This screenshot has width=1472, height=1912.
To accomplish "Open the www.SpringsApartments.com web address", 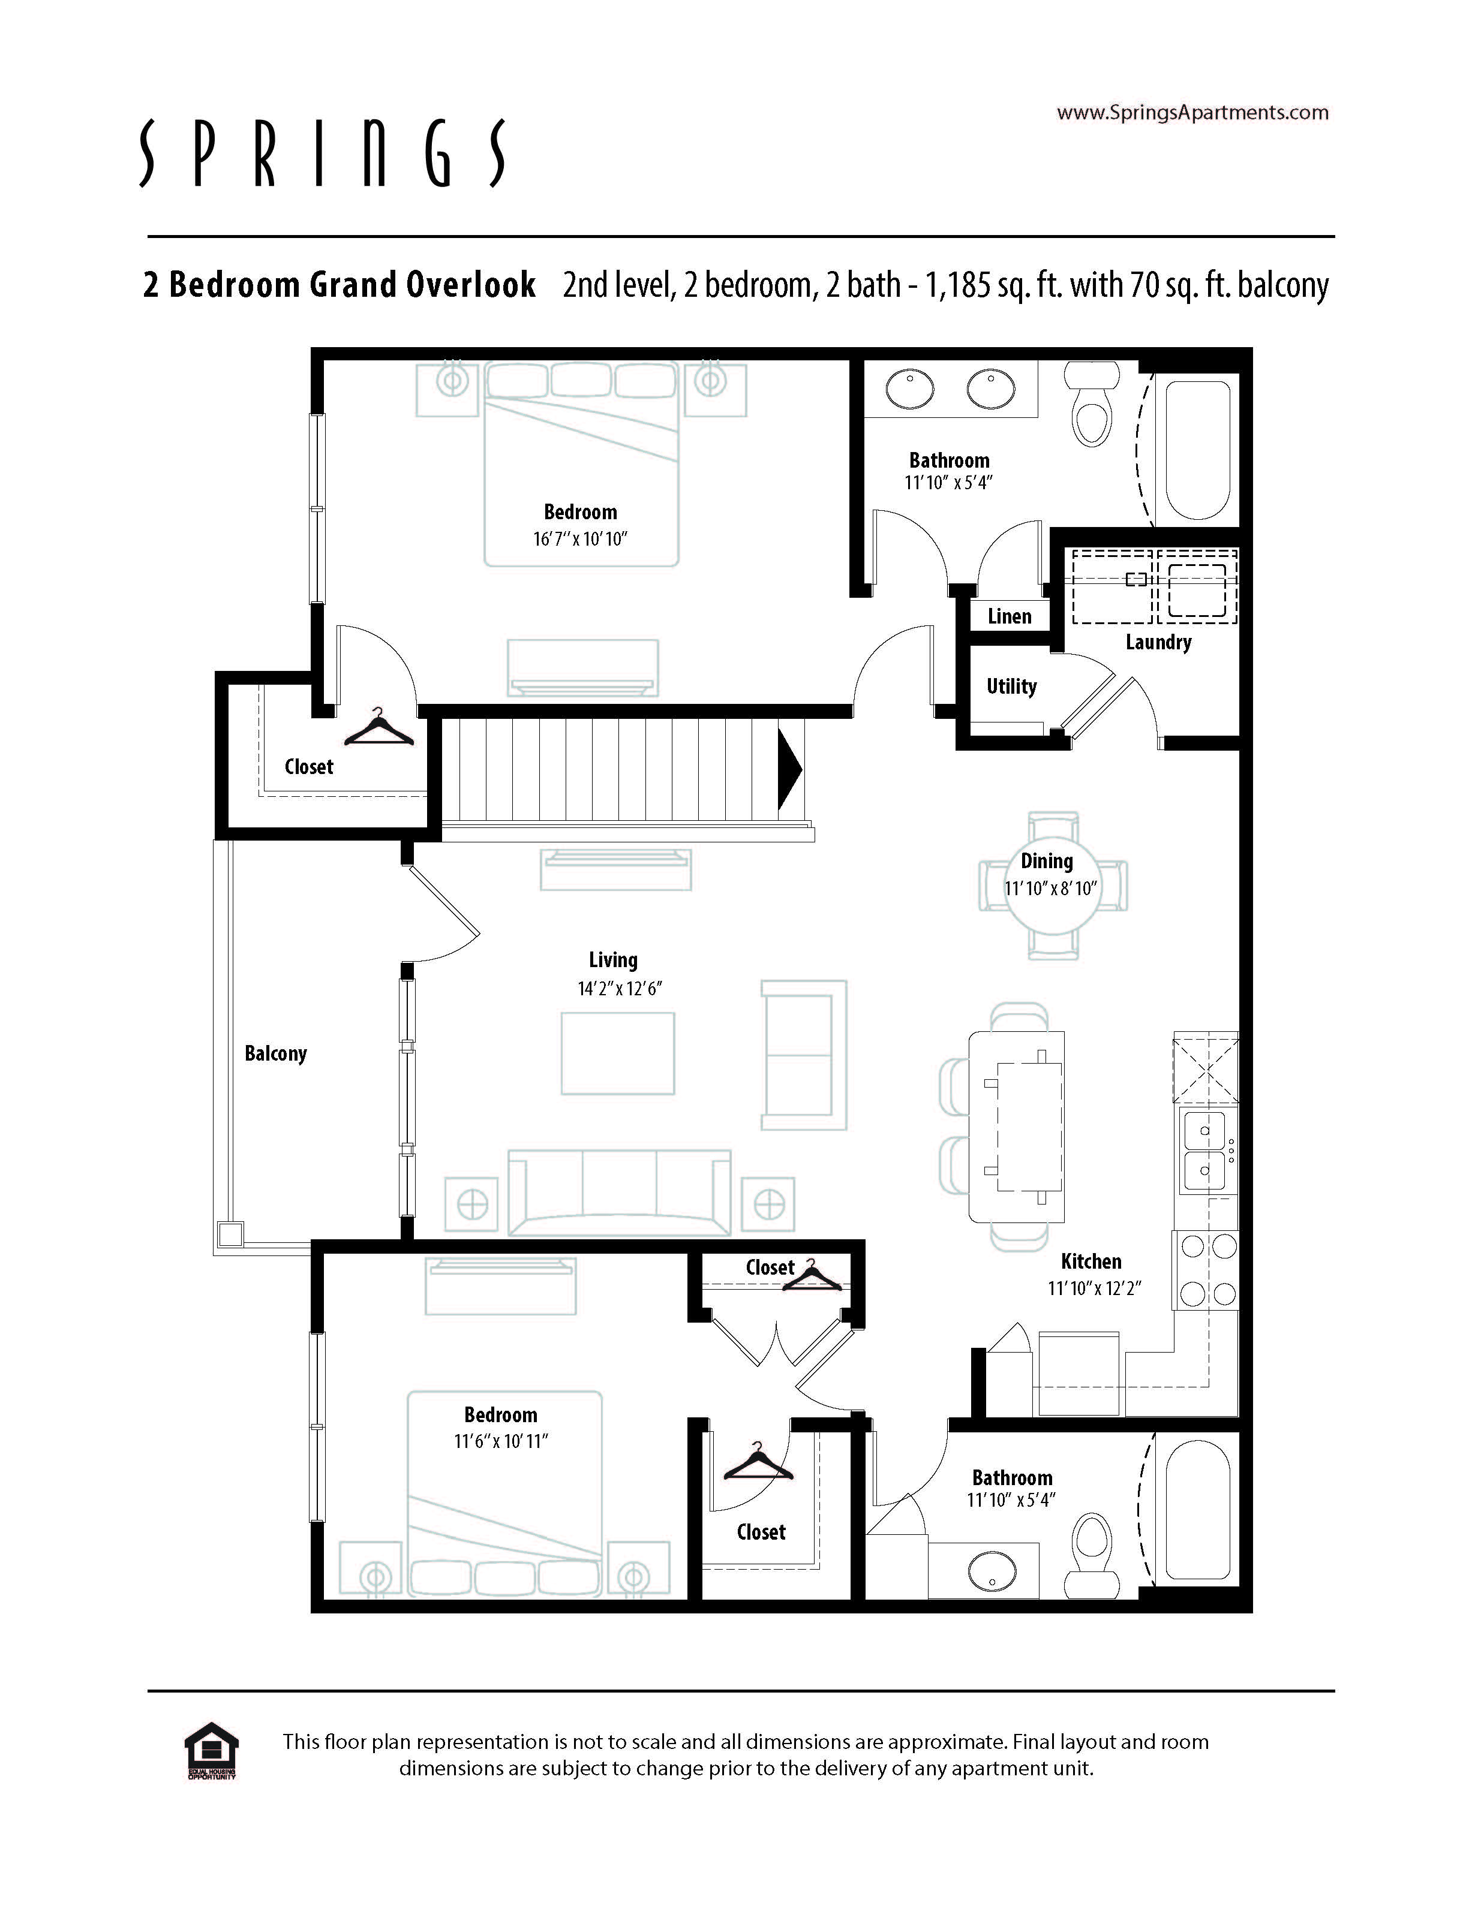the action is coord(1192,112).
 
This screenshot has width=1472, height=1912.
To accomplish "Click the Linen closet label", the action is coord(1009,616).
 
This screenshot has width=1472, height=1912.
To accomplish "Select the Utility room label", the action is coord(1011,686).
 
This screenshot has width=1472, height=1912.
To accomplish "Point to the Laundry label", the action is coord(1158,643).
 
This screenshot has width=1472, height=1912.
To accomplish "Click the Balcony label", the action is coord(276,1053).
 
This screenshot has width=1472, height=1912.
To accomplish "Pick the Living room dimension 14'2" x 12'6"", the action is coord(619,989).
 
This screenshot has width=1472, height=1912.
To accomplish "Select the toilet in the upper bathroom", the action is coord(1091,405).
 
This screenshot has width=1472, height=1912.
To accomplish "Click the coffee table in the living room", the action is coord(618,1053).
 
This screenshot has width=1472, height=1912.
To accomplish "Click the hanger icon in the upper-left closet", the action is coord(378,727).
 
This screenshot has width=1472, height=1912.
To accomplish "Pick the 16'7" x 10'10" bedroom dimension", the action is coord(581,538).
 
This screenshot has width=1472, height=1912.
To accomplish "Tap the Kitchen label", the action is coord(1091,1261).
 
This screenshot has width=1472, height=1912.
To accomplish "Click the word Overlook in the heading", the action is coord(470,285).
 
